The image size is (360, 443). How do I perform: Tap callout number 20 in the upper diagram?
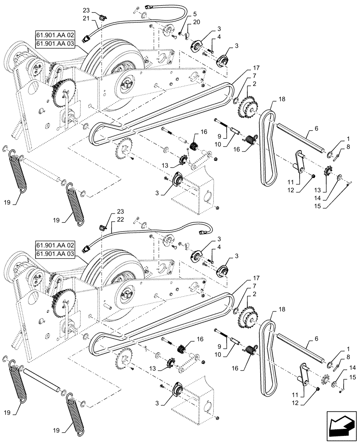pyautogui.click(x=196, y=22)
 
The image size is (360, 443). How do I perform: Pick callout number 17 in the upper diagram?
pyautogui.click(x=256, y=68)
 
